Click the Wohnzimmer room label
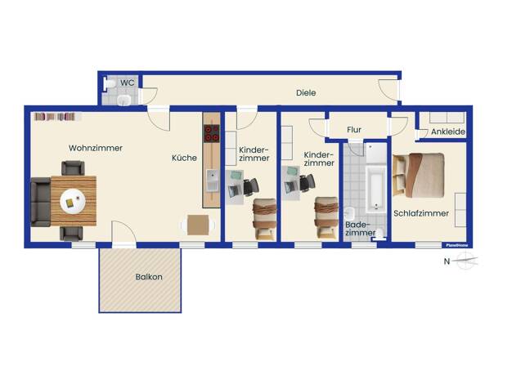[x=96, y=148]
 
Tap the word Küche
[x=184, y=158]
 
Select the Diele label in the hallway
[x=306, y=93]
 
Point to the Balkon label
[x=149, y=277]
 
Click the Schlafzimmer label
[x=421, y=213]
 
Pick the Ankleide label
[x=448, y=132]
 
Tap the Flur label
[x=354, y=130]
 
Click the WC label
[x=127, y=83]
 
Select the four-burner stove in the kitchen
[x=211, y=134]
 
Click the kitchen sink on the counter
[x=213, y=181]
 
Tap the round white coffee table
[x=73, y=201]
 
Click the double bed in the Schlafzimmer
[x=419, y=175]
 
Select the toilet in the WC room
[x=110, y=84]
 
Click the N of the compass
[x=447, y=261]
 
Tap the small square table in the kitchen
[x=198, y=225]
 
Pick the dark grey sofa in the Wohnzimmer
[x=41, y=202]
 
